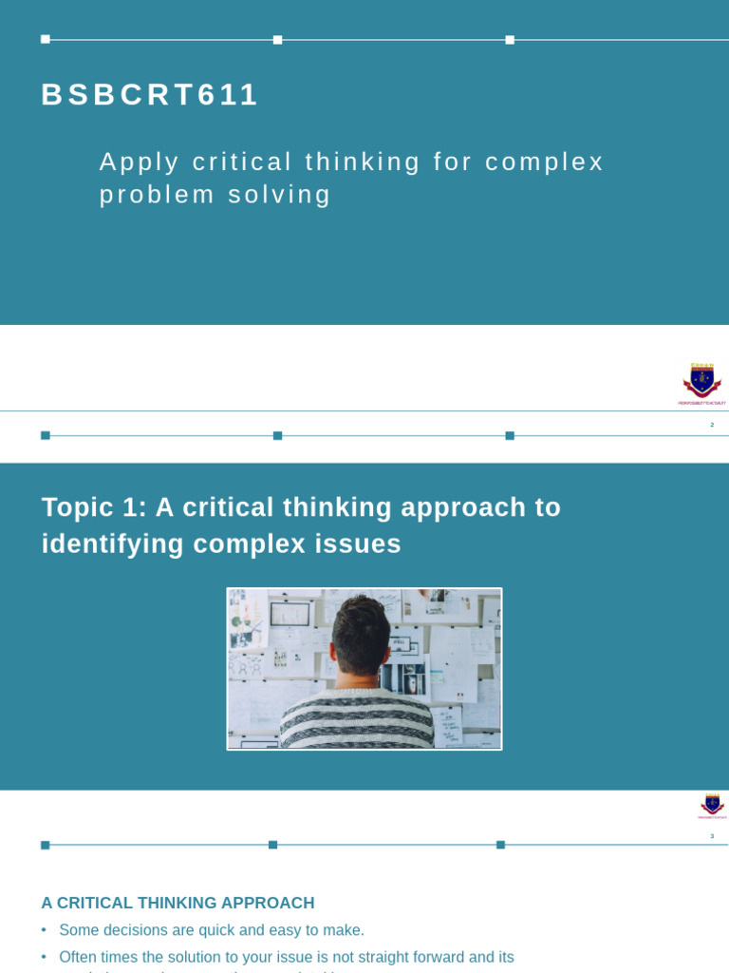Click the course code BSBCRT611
[150, 95]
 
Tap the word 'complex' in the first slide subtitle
[544, 162]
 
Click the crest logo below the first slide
[702, 381]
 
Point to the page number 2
[712, 425]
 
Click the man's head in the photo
[361, 635]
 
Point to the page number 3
[712, 836]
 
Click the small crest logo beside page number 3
[712, 805]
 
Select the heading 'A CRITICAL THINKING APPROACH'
[178, 903]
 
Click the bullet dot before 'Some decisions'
[44, 930]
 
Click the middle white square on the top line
[277, 40]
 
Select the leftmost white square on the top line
[46, 40]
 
